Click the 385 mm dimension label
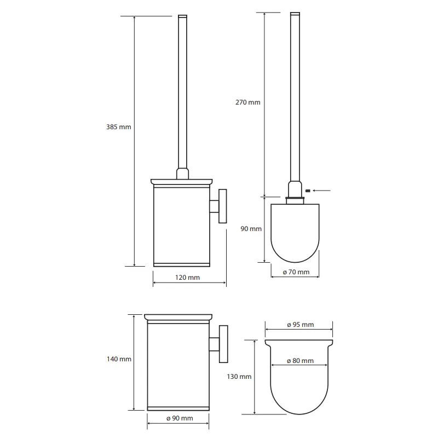coord(118,127)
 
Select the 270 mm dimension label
coord(248,102)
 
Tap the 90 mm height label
coord(251,229)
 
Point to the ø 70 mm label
coord(296,272)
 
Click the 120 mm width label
coord(187,278)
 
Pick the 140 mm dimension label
coord(119,359)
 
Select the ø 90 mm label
coord(180,418)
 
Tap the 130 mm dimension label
coord(239,377)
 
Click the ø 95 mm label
coord(300,325)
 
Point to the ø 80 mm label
coord(300,361)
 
